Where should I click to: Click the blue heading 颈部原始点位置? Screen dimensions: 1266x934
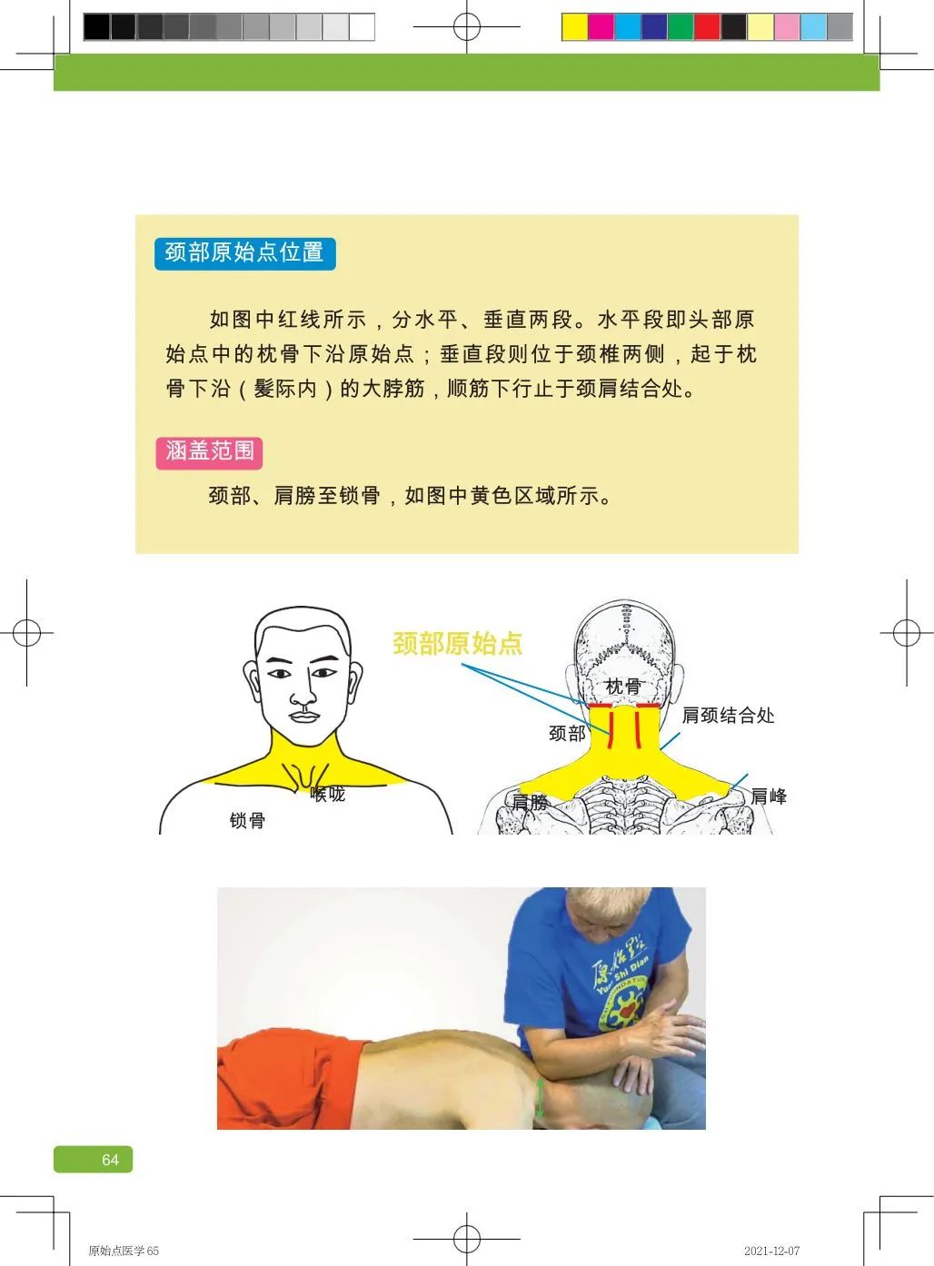[244, 252]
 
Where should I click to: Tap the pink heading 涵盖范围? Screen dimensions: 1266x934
[209, 451]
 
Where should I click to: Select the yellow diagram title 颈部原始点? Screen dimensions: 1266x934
[457, 644]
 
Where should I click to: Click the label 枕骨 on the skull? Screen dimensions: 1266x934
[623, 687]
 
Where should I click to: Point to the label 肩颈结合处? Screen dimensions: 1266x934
[728, 716]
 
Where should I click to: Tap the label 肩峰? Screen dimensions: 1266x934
[769, 796]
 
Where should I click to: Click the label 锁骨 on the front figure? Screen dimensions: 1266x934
[247, 821]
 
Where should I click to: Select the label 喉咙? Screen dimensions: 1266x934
[328, 795]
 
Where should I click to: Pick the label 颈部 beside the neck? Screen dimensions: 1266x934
[567, 733]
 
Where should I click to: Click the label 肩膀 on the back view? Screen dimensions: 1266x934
[530, 802]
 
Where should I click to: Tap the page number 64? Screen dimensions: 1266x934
[110, 1160]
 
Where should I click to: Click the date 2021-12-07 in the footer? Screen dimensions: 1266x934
[771, 1251]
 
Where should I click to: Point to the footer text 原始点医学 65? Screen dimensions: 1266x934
[124, 1251]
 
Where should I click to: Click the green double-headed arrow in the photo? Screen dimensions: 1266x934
[540, 1097]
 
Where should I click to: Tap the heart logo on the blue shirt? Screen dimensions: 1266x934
[626, 1008]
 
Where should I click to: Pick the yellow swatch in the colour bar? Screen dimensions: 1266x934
[574, 27]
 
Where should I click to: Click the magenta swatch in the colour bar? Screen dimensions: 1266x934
[601, 27]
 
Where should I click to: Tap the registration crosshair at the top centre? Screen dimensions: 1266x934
[467, 27]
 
